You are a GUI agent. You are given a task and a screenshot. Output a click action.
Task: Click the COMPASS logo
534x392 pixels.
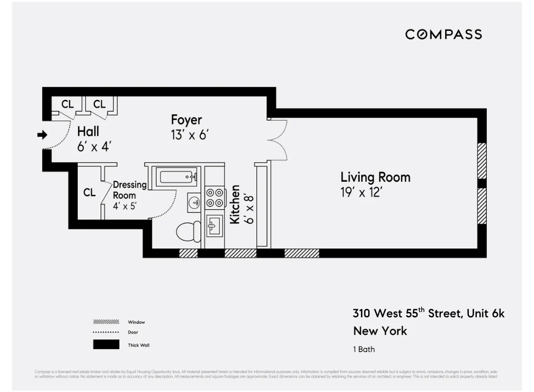(x=443, y=34)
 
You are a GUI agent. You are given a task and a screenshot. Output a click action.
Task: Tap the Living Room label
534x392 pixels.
(x=375, y=177)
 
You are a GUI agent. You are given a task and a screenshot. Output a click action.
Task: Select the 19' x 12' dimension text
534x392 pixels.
(x=361, y=192)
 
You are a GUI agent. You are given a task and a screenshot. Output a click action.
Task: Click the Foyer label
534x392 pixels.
(x=186, y=120)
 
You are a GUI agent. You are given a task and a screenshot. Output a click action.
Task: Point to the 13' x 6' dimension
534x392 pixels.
(x=190, y=135)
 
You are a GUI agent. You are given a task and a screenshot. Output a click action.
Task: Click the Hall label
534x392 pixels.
(x=88, y=131)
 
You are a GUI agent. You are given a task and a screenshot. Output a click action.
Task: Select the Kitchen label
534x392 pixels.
(x=235, y=204)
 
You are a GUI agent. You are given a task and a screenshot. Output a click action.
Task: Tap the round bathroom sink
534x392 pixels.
(x=194, y=202)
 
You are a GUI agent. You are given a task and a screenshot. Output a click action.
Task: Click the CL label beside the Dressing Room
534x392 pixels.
(x=89, y=193)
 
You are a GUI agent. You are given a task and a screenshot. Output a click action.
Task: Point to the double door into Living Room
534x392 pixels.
(x=278, y=139)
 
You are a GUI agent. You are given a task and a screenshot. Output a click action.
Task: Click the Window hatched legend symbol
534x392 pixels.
(x=106, y=322)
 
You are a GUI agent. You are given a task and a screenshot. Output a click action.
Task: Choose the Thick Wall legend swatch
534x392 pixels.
(x=106, y=345)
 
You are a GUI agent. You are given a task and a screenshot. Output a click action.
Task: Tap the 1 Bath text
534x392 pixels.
(x=364, y=350)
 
